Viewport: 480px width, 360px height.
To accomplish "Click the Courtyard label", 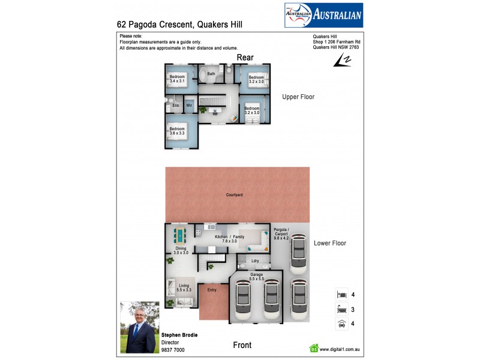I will point(235,195).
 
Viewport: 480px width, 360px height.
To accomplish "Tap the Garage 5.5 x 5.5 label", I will point(257,277).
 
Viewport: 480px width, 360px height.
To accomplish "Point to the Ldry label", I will point(255,260).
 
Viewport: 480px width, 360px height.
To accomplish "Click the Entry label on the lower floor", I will point(211,290).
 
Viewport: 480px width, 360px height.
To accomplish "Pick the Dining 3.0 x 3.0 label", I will point(181,251).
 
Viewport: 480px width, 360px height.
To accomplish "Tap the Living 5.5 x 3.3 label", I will point(184,288).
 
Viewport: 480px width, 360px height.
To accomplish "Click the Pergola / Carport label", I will point(281,233).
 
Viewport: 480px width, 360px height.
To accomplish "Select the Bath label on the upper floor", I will point(211,74).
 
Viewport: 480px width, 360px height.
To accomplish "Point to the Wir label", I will point(189,106).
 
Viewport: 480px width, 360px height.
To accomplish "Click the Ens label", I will point(176,106).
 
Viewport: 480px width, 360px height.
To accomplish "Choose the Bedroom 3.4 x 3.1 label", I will point(177,78).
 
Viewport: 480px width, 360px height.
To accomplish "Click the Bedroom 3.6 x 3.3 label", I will point(177,131).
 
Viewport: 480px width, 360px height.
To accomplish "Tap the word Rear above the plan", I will point(245,57).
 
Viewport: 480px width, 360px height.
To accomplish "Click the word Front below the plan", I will point(242,345).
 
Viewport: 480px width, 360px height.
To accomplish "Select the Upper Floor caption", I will point(299,97).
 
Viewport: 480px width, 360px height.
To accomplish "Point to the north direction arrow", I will point(344,60).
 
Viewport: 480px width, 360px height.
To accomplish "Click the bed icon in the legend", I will point(341,295).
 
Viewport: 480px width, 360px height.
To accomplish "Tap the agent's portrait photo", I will point(139,327).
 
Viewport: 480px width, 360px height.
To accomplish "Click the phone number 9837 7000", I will point(173,350).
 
